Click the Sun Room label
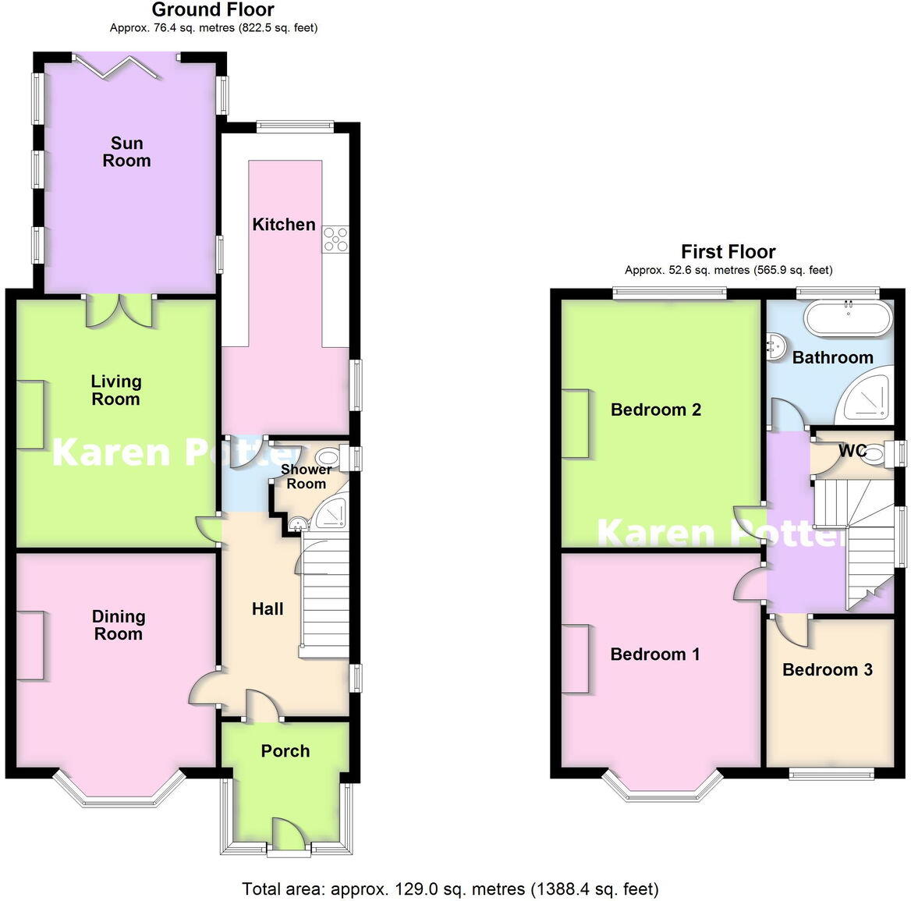click(126, 152)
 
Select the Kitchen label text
click(284, 225)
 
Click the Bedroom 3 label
click(827, 669)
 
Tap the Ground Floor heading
click(213, 10)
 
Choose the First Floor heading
click(728, 252)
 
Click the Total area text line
click(450, 889)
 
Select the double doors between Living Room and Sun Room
click(119, 310)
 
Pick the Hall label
click(268, 609)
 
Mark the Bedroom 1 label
click(654, 654)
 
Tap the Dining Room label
click(118, 625)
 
